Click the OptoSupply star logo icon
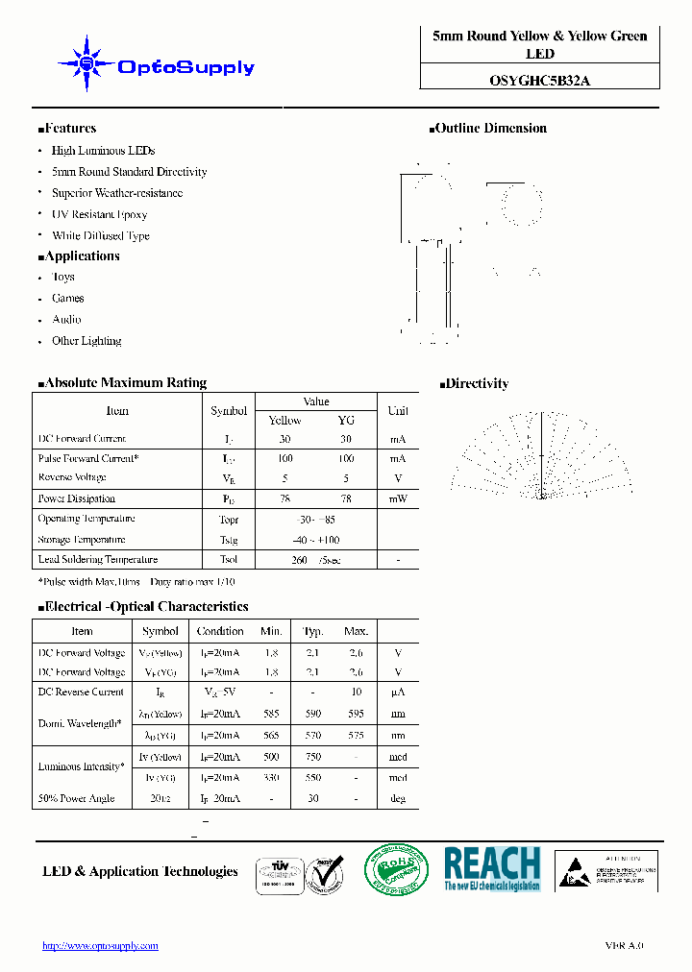(x=86, y=64)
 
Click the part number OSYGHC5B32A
(x=539, y=81)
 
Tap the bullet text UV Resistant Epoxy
(x=99, y=214)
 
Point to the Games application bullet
(x=67, y=299)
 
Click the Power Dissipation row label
(x=76, y=498)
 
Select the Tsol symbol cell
(x=228, y=559)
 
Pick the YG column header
(x=346, y=420)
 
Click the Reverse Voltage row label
(x=72, y=477)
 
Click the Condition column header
(x=220, y=631)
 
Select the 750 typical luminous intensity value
(x=313, y=757)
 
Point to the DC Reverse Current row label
(x=81, y=692)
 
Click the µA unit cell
(x=398, y=692)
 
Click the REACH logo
(x=491, y=868)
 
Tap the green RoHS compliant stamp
(x=396, y=870)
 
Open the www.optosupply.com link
(x=100, y=945)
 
